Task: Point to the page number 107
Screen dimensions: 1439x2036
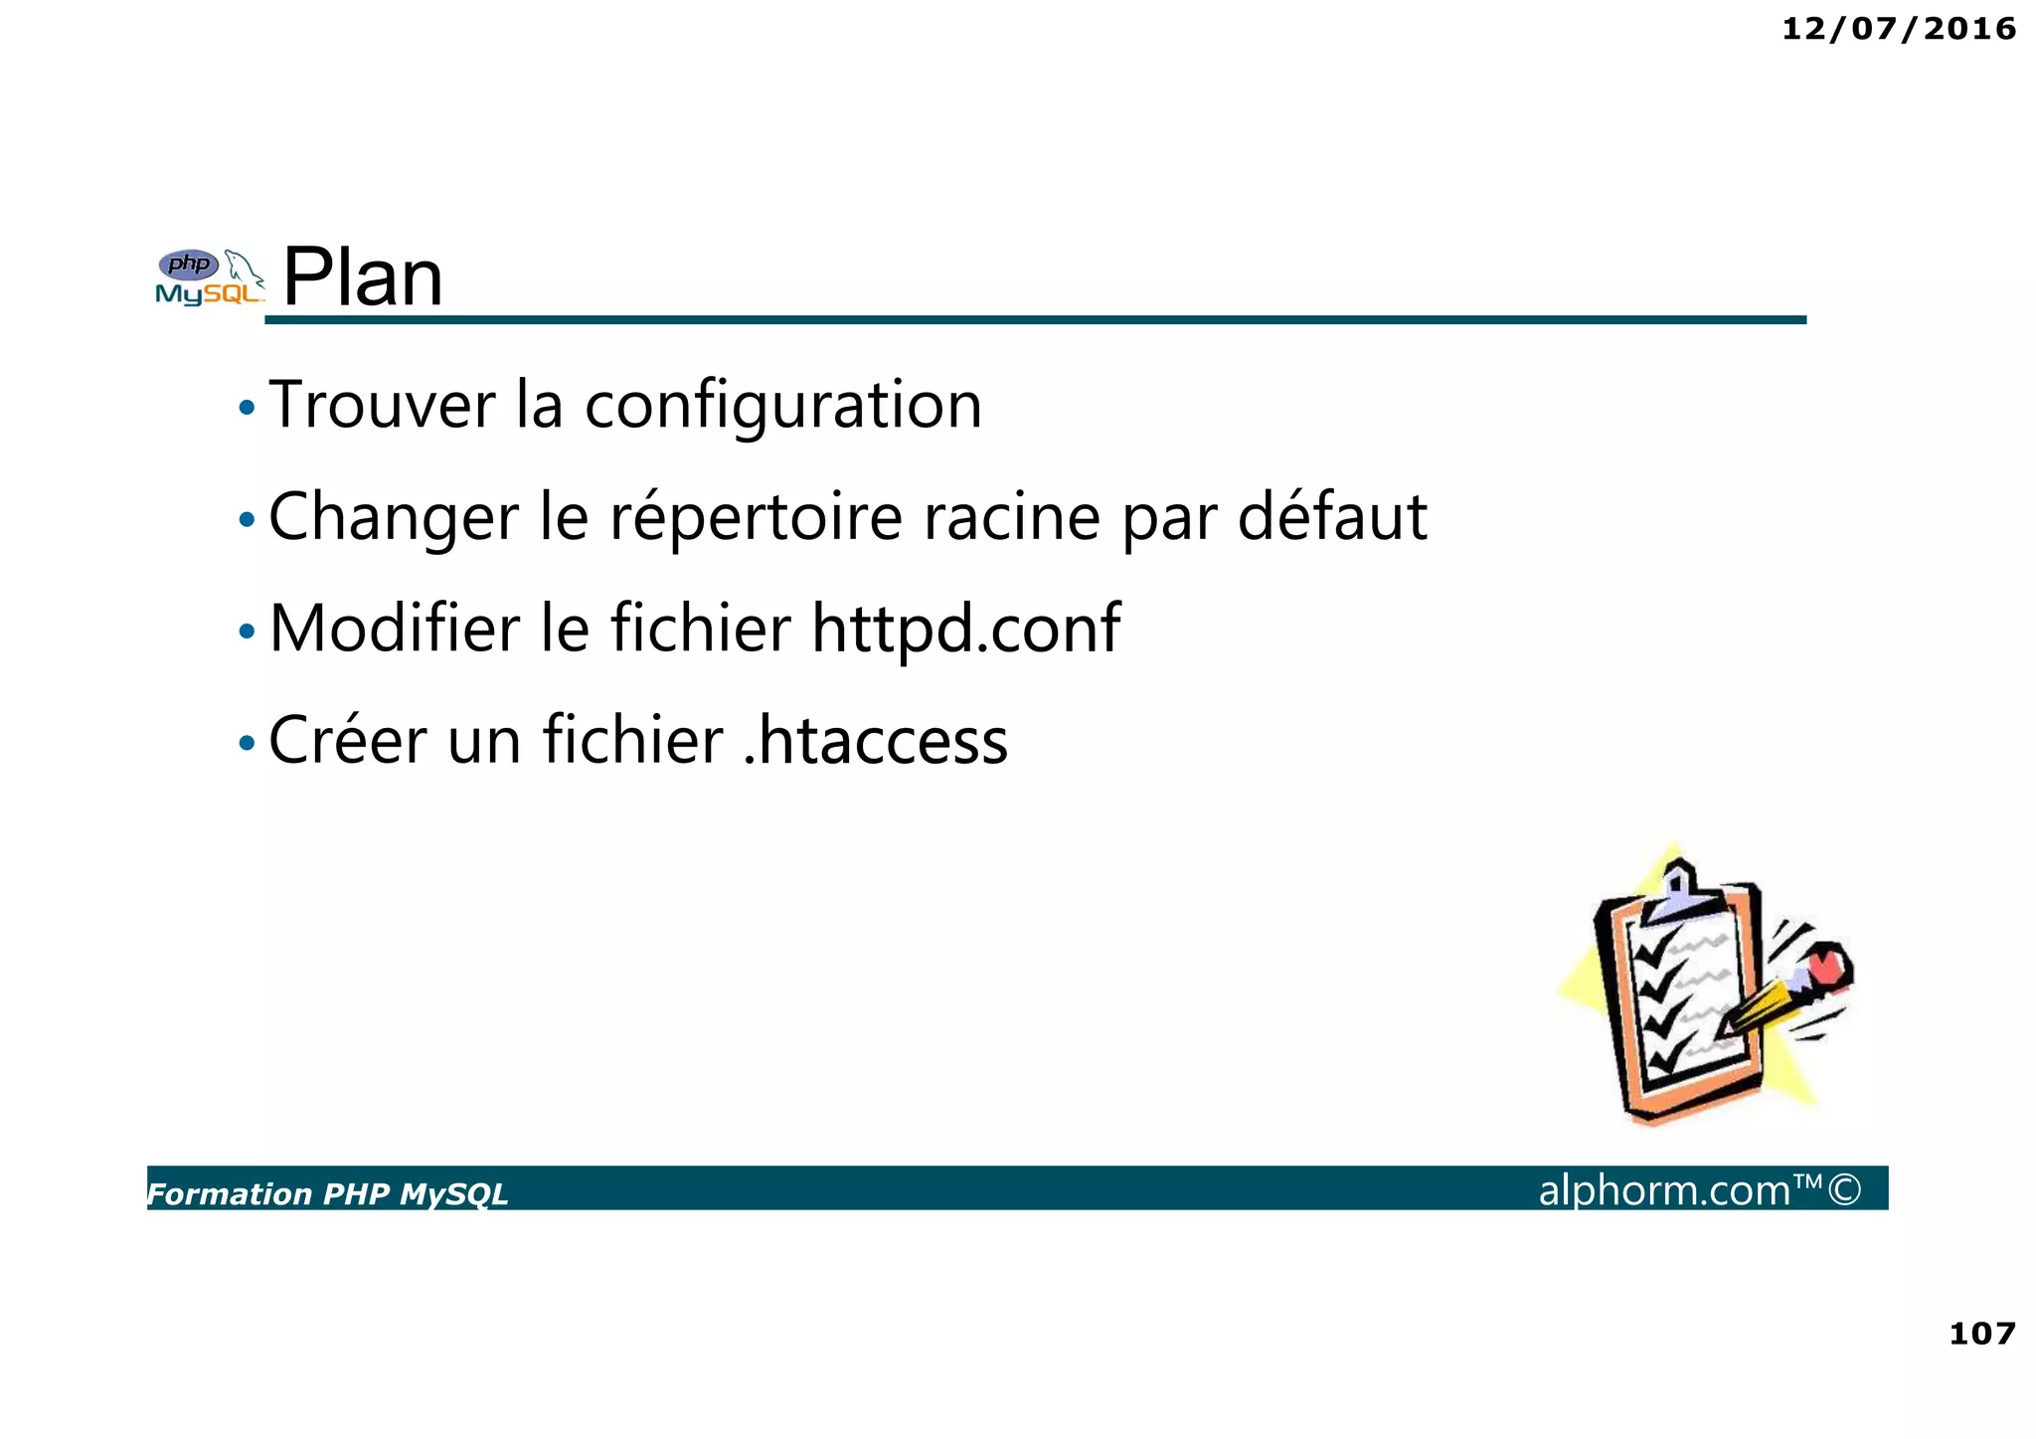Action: point(1982,1333)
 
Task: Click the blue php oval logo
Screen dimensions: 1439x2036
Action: point(189,265)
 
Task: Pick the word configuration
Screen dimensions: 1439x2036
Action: point(783,407)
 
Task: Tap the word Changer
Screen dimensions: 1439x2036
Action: point(394,518)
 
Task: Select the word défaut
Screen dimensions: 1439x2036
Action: point(1332,516)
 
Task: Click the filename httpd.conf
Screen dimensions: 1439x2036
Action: point(965,629)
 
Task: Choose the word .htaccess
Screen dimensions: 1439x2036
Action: point(876,741)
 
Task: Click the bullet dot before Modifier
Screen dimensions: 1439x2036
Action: point(247,631)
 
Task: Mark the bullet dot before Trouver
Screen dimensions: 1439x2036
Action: point(247,408)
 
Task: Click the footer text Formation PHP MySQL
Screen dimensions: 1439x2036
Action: point(327,1193)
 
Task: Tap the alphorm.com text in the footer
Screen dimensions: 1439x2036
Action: point(1664,1189)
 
